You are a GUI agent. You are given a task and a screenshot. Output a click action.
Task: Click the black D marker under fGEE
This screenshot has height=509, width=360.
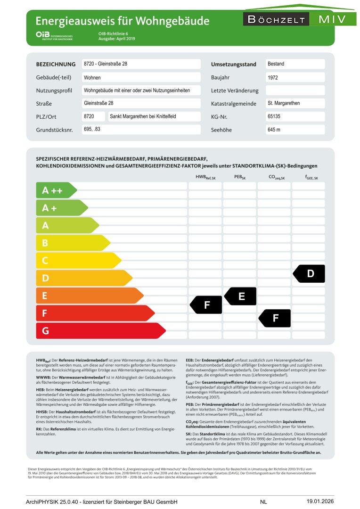pyautogui.click(x=310, y=274)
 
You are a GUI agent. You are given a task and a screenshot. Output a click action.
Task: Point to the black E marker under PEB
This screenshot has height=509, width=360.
pyautogui.click(x=241, y=296)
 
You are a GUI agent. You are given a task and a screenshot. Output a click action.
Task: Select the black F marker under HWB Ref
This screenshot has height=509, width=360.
pyautogui.click(x=206, y=305)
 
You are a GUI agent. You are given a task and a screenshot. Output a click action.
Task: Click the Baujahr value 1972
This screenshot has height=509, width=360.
pyautogui.click(x=273, y=77)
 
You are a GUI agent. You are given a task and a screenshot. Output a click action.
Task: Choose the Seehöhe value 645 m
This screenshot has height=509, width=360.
pyautogui.click(x=274, y=130)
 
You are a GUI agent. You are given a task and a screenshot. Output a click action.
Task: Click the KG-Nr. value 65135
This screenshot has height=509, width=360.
pyautogui.click(x=274, y=116)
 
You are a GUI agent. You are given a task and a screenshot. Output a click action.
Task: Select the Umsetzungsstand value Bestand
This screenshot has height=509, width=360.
pyautogui.click(x=276, y=64)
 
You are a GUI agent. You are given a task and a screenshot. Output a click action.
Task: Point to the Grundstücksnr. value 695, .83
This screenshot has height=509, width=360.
pyautogui.click(x=92, y=129)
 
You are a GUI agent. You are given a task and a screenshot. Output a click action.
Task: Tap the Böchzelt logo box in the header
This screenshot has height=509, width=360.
pyautogui.click(x=276, y=19)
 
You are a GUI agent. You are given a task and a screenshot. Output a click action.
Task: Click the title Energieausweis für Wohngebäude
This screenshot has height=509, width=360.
pyautogui.click(x=123, y=21)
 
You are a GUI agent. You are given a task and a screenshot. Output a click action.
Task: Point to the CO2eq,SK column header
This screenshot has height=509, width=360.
pyautogui.click(x=276, y=178)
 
